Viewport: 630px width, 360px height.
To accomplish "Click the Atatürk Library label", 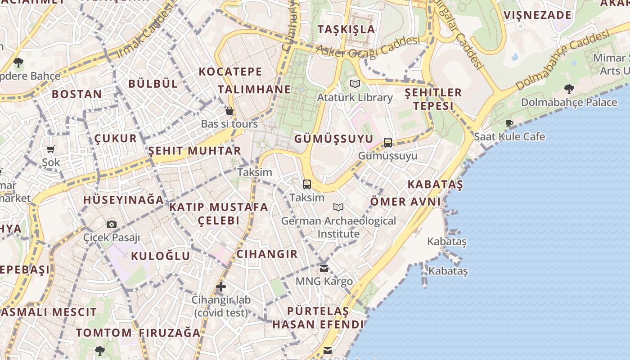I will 355,98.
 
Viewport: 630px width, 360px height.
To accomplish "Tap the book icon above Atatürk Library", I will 355,84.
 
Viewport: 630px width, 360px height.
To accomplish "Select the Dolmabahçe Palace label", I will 569,102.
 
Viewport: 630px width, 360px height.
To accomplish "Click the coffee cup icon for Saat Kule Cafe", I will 509,123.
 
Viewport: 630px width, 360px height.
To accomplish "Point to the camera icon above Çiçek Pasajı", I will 112,224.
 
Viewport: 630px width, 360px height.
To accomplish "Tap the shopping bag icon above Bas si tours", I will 229,111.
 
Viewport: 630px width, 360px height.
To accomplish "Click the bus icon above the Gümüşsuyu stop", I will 388,143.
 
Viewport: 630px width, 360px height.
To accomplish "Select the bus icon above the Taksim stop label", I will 307,184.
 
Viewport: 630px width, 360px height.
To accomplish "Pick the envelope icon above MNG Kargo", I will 324,269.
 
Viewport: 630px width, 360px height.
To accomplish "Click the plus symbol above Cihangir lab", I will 220,286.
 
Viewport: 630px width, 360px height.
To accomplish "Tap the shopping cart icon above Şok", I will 50,149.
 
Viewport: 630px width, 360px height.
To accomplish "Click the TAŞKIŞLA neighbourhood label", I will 346,30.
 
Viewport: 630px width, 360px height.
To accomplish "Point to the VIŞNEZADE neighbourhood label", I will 537,15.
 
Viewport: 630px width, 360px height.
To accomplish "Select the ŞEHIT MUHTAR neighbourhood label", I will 194,151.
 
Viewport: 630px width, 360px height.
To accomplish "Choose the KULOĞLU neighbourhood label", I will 160,256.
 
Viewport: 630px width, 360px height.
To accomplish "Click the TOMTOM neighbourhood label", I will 103,333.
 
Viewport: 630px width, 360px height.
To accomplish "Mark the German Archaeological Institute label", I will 338,227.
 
